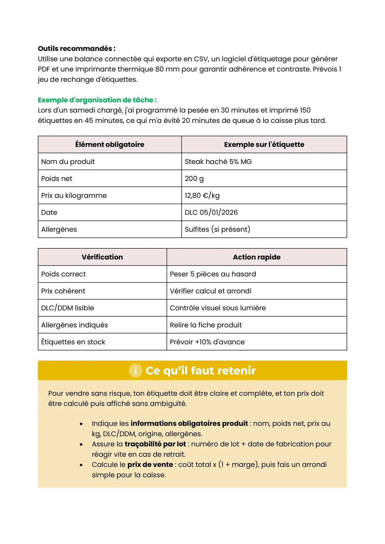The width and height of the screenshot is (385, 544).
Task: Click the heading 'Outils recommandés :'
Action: click(x=76, y=49)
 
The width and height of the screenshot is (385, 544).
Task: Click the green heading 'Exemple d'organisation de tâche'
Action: click(x=97, y=100)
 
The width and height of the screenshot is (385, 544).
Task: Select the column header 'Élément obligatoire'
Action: click(x=110, y=144)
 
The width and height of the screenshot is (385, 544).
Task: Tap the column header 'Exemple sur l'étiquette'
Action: click(x=264, y=144)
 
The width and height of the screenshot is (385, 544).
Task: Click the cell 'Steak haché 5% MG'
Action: click(x=218, y=161)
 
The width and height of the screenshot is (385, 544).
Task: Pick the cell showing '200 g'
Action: click(x=194, y=178)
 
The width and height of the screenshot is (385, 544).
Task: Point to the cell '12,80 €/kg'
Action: click(x=202, y=195)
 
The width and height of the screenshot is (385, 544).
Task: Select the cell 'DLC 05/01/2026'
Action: click(x=211, y=212)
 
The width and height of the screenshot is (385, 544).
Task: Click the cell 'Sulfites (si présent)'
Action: click(x=217, y=229)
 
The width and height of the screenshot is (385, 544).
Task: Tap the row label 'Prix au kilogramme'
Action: click(x=74, y=195)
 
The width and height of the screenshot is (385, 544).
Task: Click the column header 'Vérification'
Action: click(x=102, y=257)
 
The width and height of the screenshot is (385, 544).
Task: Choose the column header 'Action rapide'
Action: click(x=257, y=257)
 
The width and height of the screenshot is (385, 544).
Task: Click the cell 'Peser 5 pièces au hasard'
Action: click(x=213, y=274)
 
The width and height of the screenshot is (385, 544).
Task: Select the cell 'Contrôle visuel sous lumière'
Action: click(x=218, y=308)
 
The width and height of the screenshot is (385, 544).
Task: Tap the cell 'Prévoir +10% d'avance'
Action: click(x=207, y=342)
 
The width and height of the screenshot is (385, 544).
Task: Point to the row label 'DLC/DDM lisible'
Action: click(x=67, y=308)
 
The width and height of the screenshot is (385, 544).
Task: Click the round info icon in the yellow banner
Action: click(x=135, y=371)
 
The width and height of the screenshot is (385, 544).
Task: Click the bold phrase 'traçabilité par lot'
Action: click(x=155, y=444)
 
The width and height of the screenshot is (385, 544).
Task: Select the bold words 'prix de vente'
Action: click(x=150, y=465)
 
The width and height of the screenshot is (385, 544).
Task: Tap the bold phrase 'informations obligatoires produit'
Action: click(x=189, y=424)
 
